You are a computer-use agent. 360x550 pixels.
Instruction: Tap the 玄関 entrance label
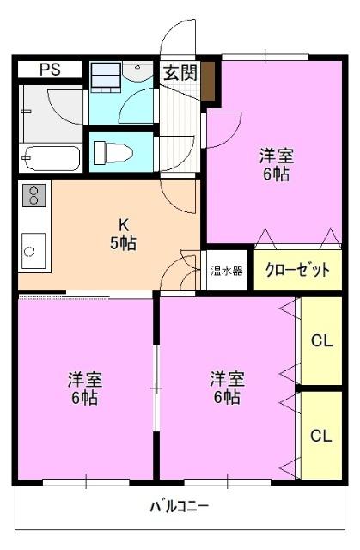pos(180,72)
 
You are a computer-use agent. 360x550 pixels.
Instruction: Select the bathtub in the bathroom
pos(52,158)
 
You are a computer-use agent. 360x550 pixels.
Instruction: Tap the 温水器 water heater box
pos(227,270)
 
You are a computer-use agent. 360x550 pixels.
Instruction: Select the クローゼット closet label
pos(297,270)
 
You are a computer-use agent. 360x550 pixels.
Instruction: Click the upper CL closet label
pos(321,341)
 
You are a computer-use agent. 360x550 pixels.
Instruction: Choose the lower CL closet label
pos(321,435)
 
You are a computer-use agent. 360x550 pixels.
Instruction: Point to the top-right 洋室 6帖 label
pos(276,164)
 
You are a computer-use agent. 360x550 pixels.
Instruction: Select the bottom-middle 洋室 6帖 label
pos(226,387)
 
